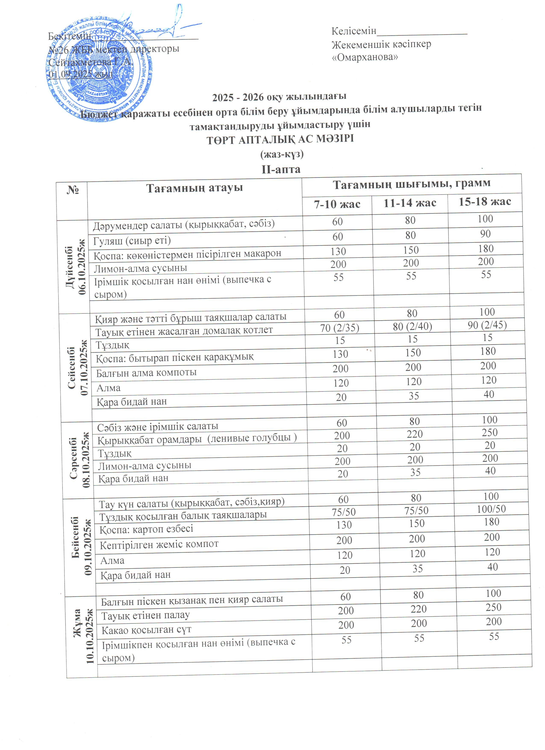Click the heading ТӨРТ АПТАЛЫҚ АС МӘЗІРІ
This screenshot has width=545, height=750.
(x=280, y=139)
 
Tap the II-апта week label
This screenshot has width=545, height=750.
(x=281, y=169)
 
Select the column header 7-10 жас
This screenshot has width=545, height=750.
(x=337, y=204)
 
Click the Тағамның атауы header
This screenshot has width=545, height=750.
(x=194, y=188)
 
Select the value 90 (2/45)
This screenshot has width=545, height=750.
(x=487, y=325)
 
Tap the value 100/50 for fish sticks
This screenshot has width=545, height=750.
(x=491, y=509)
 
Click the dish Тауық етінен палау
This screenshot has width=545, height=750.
(x=145, y=615)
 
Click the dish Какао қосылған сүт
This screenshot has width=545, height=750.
(x=146, y=630)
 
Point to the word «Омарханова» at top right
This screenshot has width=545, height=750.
(x=365, y=57)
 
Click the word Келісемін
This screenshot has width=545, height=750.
(x=354, y=31)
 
